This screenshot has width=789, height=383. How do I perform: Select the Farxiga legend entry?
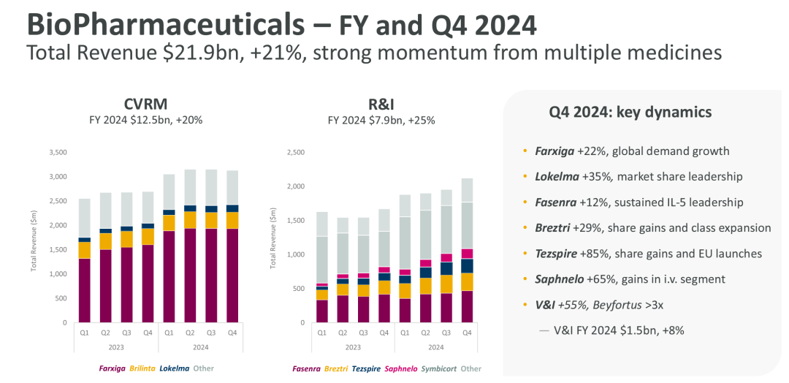(x=113, y=368)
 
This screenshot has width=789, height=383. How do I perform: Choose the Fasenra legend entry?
(x=306, y=369)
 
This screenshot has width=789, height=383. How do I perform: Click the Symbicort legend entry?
(x=441, y=369)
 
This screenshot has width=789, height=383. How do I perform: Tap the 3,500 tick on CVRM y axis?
(x=57, y=153)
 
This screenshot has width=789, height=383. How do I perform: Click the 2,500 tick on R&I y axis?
(x=296, y=153)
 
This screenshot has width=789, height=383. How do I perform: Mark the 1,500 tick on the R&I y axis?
(x=296, y=221)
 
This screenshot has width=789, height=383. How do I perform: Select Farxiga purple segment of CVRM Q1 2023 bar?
(x=84, y=290)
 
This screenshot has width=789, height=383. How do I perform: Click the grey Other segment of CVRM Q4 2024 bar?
(x=233, y=187)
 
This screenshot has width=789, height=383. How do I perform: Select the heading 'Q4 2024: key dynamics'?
(x=630, y=113)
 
